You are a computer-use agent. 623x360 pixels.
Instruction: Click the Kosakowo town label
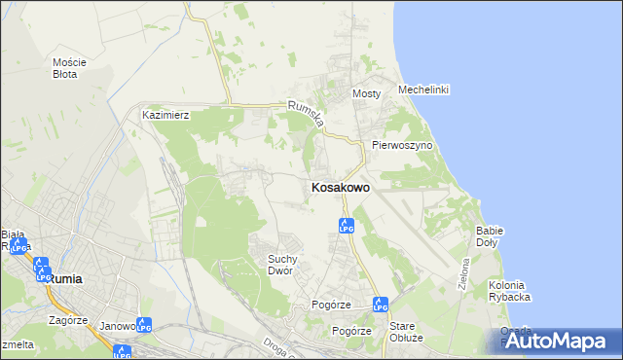click(340, 188)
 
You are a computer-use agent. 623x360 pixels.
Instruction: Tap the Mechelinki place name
click(422, 90)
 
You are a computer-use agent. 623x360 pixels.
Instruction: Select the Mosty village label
click(366, 93)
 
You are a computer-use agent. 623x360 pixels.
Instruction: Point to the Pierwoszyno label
click(401, 145)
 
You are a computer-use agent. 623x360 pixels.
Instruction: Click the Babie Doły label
click(488, 236)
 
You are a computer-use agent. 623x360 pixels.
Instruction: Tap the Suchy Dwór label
click(288, 265)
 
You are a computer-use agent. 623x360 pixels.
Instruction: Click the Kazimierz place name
click(165, 115)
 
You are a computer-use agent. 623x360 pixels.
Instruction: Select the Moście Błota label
click(69, 68)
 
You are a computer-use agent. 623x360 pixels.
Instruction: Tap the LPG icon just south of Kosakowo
click(346, 226)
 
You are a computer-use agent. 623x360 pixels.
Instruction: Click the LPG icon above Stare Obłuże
click(381, 305)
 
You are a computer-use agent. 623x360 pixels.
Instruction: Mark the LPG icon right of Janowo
click(144, 325)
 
